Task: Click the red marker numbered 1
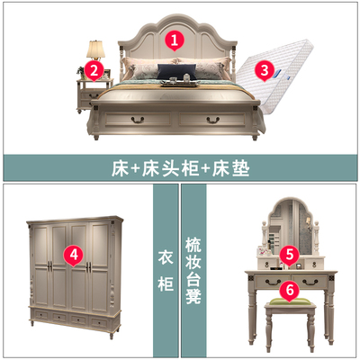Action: pos(175,40)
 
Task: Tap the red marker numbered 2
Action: pos(94,70)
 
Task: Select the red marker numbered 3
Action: pos(265,70)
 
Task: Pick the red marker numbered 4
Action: pos(74,256)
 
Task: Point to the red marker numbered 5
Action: pos(289,255)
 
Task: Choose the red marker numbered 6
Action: pos(290,291)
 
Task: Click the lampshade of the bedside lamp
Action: pos(96,49)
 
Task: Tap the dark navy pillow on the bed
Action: pos(176,71)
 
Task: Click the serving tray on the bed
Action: pos(179,84)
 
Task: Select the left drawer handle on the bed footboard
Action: pos(138,120)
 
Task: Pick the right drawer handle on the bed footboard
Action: pos(213,120)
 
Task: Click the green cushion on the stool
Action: pos(290,301)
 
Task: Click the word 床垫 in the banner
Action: pos(230,168)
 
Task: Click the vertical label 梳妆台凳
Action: pos(193,271)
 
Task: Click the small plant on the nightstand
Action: pos(81,72)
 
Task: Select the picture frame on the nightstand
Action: pos(106,74)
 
